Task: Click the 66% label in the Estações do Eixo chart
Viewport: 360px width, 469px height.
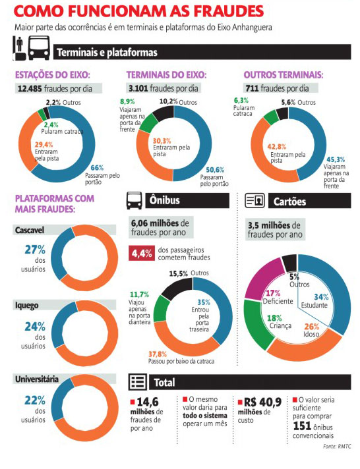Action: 97,168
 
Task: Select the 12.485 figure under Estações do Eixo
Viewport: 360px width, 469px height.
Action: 30,88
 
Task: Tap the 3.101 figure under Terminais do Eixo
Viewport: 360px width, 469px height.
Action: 138,88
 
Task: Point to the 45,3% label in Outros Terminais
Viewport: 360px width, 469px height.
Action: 336,159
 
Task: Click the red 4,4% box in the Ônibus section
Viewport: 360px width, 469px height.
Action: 142,254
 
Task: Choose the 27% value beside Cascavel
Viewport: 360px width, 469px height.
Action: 35,250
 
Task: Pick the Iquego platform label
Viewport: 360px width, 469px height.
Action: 27,306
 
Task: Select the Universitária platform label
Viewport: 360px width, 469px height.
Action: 37,379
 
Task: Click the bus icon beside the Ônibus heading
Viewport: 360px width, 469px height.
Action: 134,200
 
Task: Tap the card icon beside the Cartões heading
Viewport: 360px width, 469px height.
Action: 255,201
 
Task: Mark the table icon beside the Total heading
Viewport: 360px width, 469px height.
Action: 137,382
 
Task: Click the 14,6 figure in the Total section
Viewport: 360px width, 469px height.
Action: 147,402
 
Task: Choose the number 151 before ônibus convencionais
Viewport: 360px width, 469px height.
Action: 302,426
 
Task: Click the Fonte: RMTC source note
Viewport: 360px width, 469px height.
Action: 337,447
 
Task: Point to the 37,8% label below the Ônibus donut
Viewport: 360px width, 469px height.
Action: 157,354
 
